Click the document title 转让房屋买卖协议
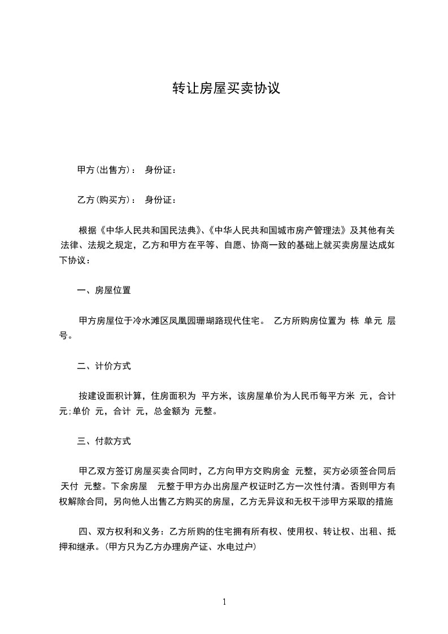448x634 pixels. pyautogui.click(x=226, y=89)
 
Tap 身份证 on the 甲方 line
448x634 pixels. pyautogui.click(x=158, y=170)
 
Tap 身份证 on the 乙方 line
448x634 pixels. pyautogui.click(x=158, y=199)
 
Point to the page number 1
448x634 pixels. pyautogui.click(x=224, y=602)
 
